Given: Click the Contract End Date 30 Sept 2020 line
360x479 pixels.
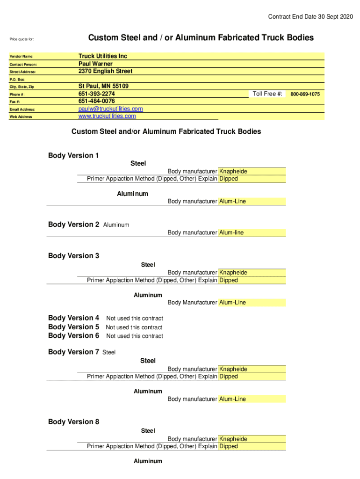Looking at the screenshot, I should pos(310,17).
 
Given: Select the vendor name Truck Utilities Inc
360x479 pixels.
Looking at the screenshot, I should pos(103,56).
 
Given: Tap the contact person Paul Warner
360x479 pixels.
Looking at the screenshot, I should pos(95,64).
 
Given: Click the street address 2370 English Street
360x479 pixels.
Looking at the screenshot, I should pos(105,71).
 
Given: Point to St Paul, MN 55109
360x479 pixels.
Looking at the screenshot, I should pos(103,87).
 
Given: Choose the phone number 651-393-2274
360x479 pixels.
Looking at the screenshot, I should pos(96,94).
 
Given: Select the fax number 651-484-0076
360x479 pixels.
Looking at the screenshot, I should pos(96,101).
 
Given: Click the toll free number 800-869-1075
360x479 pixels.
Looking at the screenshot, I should pos(305,94).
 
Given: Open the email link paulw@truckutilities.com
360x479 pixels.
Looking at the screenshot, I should pos(111,109).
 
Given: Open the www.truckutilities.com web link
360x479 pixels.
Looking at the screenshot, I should pos(107,116).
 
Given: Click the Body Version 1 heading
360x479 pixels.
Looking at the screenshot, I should pos(73,155).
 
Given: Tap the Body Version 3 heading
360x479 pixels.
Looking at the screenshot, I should pos(73,256).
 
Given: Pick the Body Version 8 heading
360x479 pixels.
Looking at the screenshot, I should pos(73,422).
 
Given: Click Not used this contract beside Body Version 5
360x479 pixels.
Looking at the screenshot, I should pos(134,327).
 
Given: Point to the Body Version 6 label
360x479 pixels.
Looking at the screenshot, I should pos(73,336).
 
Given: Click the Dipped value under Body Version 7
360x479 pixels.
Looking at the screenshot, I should pos(229,377).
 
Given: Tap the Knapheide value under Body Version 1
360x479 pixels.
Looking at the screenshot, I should pos(233,171).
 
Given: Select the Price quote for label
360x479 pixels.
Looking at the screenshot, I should pos(22,39).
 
